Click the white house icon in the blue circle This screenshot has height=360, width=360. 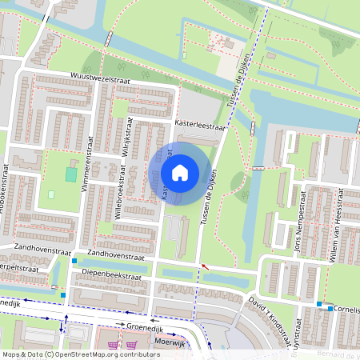[x=180, y=172]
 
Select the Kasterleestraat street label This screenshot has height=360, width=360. [x=201, y=126]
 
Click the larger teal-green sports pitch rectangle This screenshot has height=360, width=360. [x=71, y=174]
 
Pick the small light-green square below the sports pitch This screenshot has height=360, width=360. [x=52, y=194]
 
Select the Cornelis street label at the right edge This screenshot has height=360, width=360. [x=348, y=308]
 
